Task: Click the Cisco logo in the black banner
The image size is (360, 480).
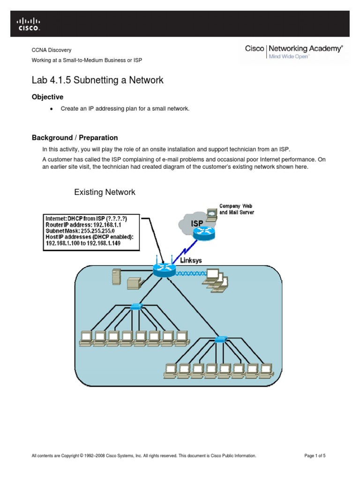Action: point(29,23)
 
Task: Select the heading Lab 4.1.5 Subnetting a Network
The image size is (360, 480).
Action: point(97,80)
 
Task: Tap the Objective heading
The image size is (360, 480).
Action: point(47,97)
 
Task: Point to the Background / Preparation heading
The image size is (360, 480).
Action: point(75,138)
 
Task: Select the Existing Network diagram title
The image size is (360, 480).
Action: point(105,192)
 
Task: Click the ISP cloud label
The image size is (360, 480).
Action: point(196,224)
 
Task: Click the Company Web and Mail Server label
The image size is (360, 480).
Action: point(237,209)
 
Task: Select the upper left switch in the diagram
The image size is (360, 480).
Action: point(136,307)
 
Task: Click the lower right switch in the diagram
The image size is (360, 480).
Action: point(220,339)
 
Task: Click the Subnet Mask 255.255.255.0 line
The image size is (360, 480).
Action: point(80,231)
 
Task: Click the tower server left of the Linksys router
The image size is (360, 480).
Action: point(115,277)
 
